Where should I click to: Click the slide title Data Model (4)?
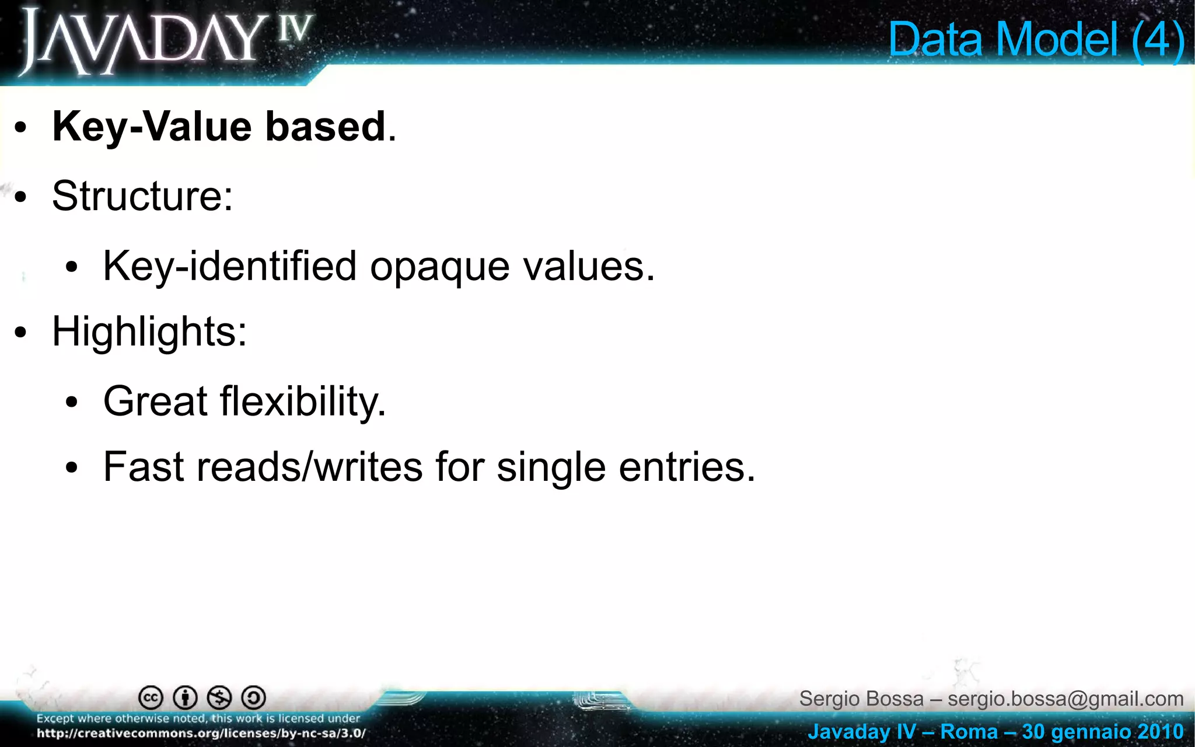(x=1036, y=40)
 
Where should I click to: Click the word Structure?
(x=142, y=196)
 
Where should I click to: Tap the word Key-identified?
(x=229, y=267)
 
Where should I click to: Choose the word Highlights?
(x=149, y=332)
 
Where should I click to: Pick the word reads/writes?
(x=309, y=467)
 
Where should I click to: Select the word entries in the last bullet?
(x=686, y=467)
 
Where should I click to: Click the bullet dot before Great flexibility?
(x=72, y=403)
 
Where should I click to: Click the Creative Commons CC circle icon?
(x=151, y=697)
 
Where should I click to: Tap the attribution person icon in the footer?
(x=186, y=697)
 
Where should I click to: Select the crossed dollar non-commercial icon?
(x=220, y=697)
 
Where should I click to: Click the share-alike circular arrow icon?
(x=254, y=697)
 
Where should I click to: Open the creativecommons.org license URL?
(x=201, y=734)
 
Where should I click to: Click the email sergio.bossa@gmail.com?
(x=1065, y=699)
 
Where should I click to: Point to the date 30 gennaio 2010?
(x=1102, y=732)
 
